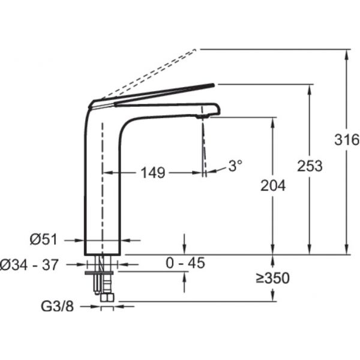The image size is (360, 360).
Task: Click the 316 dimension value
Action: [347, 140]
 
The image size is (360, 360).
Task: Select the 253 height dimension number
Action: [310, 166]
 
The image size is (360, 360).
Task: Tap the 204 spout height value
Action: [273, 185]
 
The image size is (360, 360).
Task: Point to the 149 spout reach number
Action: [152, 172]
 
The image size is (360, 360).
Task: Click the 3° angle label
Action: [235, 166]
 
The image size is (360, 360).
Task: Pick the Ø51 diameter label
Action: [43, 239]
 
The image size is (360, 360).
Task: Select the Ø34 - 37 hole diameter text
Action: [29, 265]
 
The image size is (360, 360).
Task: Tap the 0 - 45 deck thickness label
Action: [185, 263]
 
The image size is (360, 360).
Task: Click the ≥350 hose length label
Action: [273, 278]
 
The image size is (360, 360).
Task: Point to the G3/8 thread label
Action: [58, 306]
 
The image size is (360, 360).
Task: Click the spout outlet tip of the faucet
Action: [203, 117]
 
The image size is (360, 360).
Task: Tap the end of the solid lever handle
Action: [214, 85]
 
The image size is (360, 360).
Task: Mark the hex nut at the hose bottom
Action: [107, 298]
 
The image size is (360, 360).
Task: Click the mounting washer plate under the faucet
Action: [99, 273]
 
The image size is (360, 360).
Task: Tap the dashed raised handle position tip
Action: [195, 49]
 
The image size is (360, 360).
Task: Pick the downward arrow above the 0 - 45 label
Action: [184, 244]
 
